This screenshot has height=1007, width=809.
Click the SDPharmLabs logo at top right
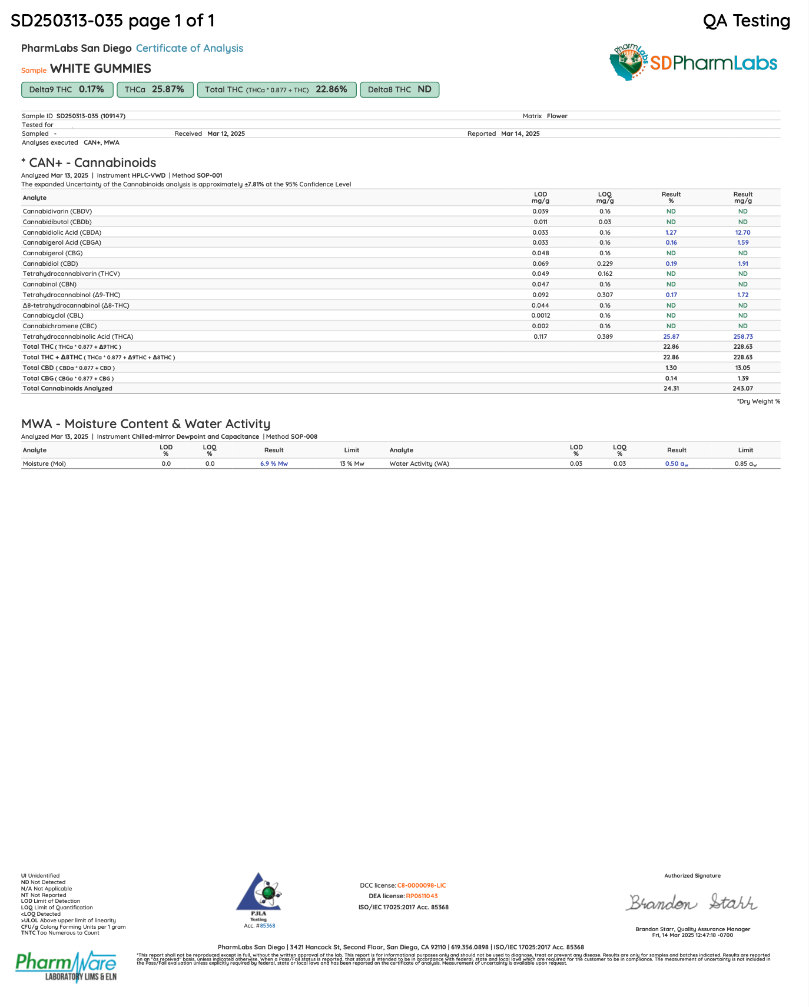[693, 62]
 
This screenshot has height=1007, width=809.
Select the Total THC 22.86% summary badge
[276, 89]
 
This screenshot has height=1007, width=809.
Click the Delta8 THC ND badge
[399, 89]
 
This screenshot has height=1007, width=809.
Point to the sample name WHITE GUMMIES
[101, 69]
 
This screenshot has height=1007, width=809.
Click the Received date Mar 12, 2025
[226, 134]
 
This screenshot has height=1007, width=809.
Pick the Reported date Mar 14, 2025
[520, 134]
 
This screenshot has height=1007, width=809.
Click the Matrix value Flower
[557, 116]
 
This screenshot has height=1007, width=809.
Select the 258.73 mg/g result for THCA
[742, 336]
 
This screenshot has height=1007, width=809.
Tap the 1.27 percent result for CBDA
[671, 232]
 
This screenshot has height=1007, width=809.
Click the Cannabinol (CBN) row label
[49, 284]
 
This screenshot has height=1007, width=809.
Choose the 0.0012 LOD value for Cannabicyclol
[541, 315]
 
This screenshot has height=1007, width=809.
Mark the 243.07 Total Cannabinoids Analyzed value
[742, 388]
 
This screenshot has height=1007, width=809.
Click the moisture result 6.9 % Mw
[274, 464]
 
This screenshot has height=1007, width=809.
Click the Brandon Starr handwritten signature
[692, 902]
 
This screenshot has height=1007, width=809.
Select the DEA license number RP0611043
[422, 896]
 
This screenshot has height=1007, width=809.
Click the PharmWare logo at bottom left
[66, 965]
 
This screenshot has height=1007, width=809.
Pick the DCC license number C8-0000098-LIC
[421, 885]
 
